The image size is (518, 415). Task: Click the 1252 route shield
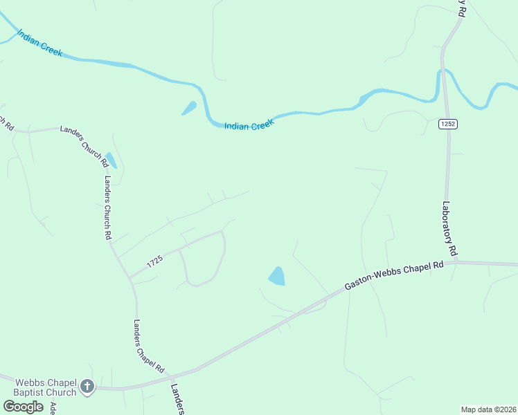pyautogui.click(x=447, y=124)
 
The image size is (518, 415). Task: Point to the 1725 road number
pyautogui.click(x=154, y=261)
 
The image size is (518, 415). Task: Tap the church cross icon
pyautogui.click(x=87, y=387)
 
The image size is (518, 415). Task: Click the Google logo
pyautogui.click(x=23, y=407)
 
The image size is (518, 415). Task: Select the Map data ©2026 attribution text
pyautogui.click(x=489, y=409)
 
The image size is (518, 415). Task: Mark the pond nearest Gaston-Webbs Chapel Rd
pyautogui.click(x=277, y=277)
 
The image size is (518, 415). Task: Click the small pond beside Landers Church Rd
pyautogui.click(x=110, y=160)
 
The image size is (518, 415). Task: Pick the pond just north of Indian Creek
pyautogui.click(x=188, y=109)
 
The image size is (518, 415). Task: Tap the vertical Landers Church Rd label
pyautogui.click(x=108, y=207)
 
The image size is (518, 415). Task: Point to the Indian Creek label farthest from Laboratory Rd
pyautogui.click(x=41, y=43)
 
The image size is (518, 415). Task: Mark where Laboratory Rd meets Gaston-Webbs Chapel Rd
pyautogui.click(x=456, y=262)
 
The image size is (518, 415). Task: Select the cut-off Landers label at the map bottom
pyautogui.click(x=177, y=399)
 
